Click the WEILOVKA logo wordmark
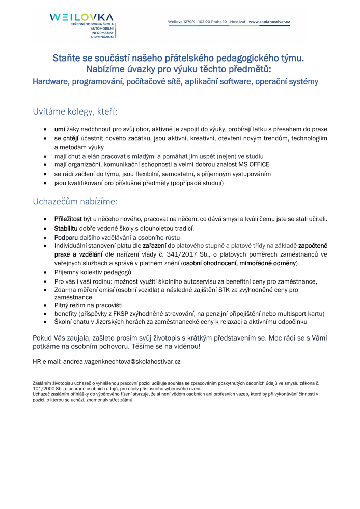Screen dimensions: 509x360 [x=81, y=17]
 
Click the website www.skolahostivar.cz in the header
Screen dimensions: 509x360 [x=269, y=22]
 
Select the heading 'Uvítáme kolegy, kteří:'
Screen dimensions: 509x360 [x=75, y=111]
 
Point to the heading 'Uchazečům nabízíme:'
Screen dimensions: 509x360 [x=75, y=201]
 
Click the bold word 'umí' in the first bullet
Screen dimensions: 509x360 [x=60, y=129]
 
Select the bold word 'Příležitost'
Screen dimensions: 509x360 [x=68, y=219]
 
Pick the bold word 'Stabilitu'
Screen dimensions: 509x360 [x=66, y=228]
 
